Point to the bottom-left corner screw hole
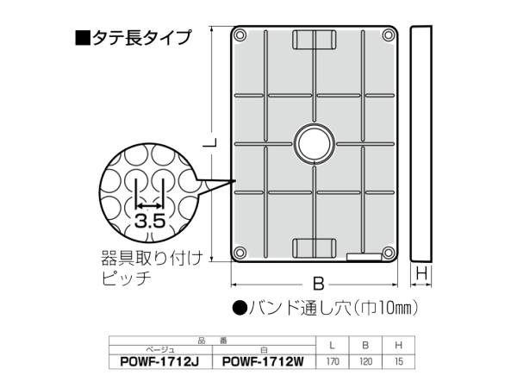coord(240,253)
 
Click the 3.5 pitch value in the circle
coord(150,221)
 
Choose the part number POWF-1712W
coord(265,363)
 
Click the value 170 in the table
coord(332,363)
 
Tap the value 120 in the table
coord(365,363)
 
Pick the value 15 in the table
coord(398,363)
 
